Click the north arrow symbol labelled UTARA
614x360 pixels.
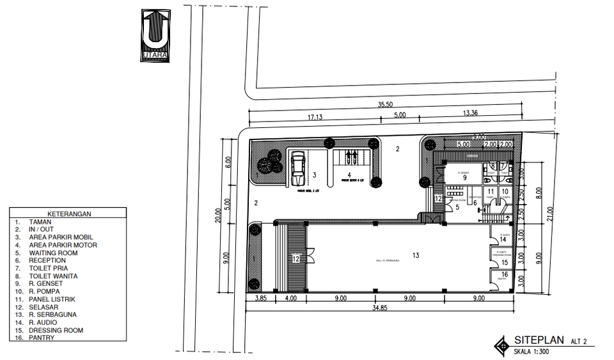155,35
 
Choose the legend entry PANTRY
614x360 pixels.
42,338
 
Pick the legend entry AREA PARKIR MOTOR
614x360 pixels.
63,245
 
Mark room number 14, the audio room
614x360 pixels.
503,239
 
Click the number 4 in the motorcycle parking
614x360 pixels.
349,174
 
